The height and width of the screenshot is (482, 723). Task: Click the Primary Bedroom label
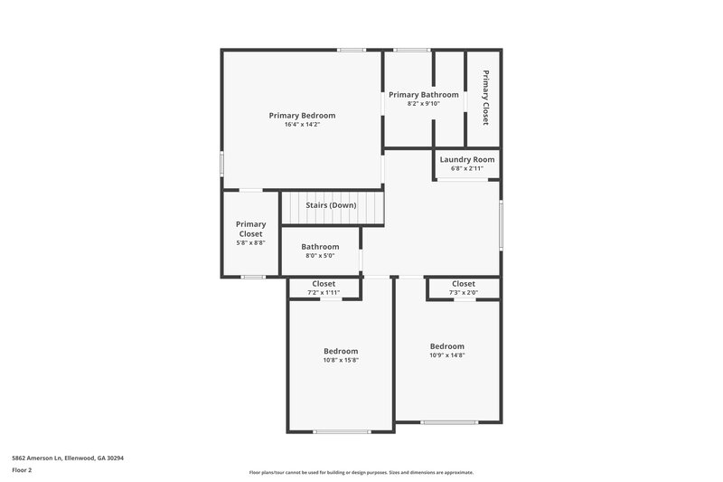pos(302,115)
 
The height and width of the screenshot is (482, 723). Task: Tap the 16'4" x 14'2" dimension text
pos(302,124)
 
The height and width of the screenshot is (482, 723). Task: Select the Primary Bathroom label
pos(423,94)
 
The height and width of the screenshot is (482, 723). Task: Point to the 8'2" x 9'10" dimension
pos(423,103)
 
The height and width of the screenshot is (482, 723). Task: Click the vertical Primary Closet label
pos(485,97)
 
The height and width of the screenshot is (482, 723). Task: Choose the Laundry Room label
pos(466,159)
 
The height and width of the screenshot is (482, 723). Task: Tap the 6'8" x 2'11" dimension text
pos(466,168)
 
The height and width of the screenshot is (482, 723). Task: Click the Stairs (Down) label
pos(331,205)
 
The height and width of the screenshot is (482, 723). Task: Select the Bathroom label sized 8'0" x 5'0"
pos(320,247)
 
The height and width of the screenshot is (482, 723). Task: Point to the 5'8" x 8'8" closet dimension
pos(250,243)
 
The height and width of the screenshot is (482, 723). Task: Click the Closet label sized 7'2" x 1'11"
pos(324,284)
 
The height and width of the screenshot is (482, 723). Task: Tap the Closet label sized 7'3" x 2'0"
pos(463,284)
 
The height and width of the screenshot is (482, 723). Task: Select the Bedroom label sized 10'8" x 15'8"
pos(341,351)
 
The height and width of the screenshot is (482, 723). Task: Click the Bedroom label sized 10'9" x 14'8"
pos(446,346)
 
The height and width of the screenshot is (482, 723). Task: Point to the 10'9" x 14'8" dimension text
pos(446,355)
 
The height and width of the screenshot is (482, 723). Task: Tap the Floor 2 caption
pos(22,470)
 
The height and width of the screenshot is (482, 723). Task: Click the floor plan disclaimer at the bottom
pos(361,472)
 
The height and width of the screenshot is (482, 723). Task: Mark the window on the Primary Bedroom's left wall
pos(222,165)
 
